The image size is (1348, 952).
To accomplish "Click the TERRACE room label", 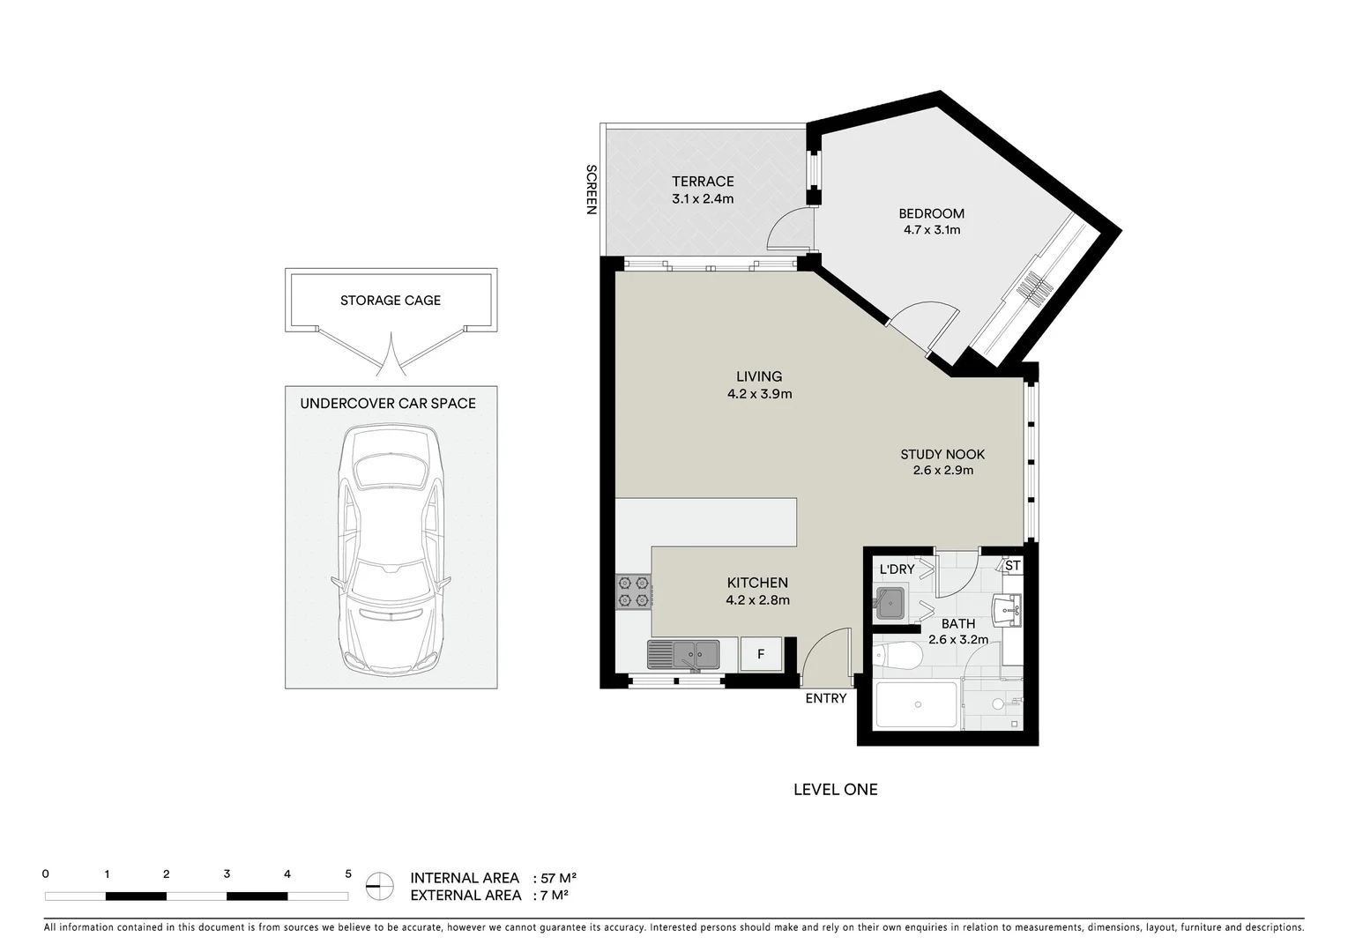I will click(x=703, y=182).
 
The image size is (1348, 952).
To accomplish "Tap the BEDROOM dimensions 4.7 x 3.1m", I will click(x=932, y=230).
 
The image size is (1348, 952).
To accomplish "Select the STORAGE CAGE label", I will click(x=391, y=301).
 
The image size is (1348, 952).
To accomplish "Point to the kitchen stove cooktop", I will click(x=633, y=592).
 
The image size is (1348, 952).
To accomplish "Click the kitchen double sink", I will click(x=683, y=655).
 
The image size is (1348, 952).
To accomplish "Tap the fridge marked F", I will click(x=761, y=655).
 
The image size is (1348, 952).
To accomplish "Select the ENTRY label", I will click(x=826, y=698).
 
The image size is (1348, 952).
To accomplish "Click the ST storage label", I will click(x=1012, y=566).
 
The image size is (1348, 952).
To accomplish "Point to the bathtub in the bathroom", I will click(x=916, y=705).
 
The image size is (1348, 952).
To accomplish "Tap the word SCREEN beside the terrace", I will click(x=592, y=190).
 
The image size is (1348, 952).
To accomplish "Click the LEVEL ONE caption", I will click(x=835, y=790).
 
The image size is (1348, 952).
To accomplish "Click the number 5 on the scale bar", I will click(x=348, y=874).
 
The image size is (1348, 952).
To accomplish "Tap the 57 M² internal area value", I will click(x=558, y=878).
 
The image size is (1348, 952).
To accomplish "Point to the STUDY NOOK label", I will click(x=942, y=455).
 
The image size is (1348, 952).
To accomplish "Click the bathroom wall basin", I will click(x=1007, y=609).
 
